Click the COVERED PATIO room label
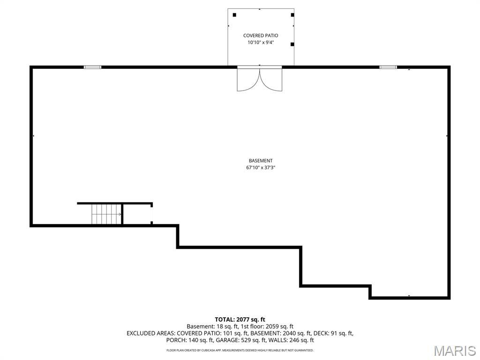pyautogui.click(x=261, y=36)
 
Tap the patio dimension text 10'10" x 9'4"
pyautogui.click(x=261, y=43)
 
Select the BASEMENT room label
pyautogui.click(x=261, y=161)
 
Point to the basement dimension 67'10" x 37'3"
pyautogui.click(x=261, y=167)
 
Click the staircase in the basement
pyautogui.click(x=106, y=214)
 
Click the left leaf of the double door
pyautogui.click(x=248, y=80)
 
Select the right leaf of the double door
pyautogui.click(x=271, y=80)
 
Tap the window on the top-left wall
pyautogui.click(x=92, y=67)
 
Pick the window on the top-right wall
pyautogui.click(x=388, y=67)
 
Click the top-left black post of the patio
pyautogui.click(x=234, y=15)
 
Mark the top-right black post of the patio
pyautogui.click(x=292, y=15)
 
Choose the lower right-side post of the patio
pyautogui.click(x=292, y=45)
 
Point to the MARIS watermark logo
pyautogui.click(x=454, y=351)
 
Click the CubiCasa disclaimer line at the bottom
pyautogui.click(x=240, y=350)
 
